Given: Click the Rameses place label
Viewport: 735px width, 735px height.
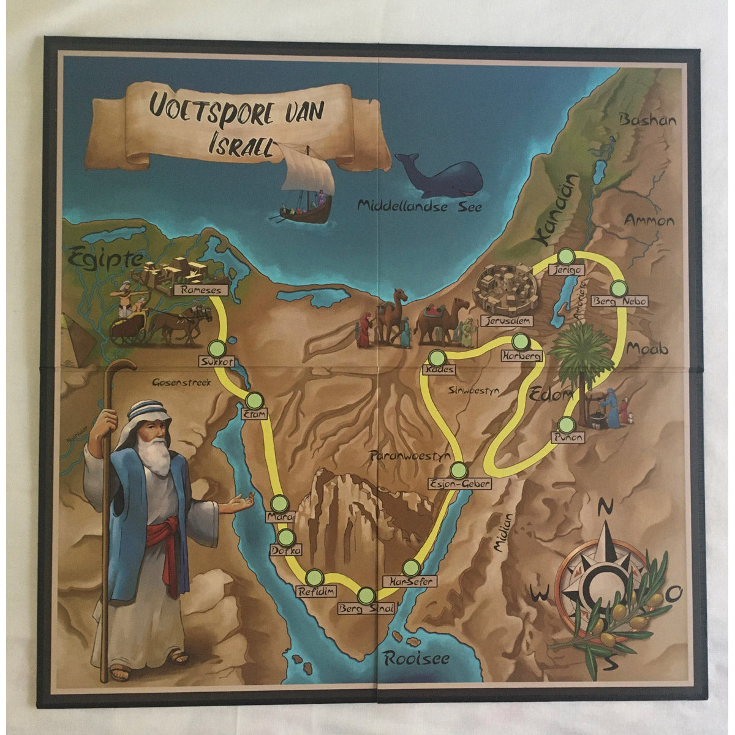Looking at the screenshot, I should pyautogui.click(x=201, y=290).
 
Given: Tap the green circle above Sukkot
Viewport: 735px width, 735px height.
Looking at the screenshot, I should pyautogui.click(x=216, y=348).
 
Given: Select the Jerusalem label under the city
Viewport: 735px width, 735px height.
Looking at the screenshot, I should pyautogui.click(x=507, y=320).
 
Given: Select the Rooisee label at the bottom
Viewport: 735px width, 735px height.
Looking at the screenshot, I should pyautogui.click(x=417, y=659).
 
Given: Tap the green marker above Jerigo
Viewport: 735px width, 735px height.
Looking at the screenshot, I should pyautogui.click(x=565, y=256).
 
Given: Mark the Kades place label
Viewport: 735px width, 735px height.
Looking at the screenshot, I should pyautogui.click(x=439, y=371).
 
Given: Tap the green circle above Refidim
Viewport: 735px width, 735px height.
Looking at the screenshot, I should pyautogui.click(x=314, y=577).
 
